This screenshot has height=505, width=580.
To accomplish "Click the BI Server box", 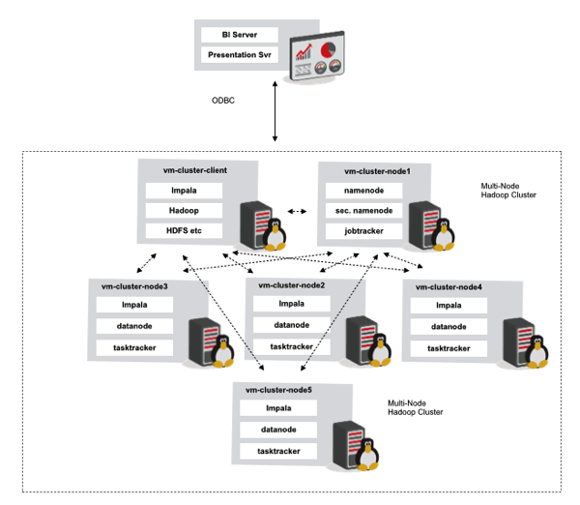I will click(x=240, y=35).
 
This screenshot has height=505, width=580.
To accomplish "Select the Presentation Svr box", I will click(x=240, y=55).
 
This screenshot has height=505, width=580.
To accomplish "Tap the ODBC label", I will click(x=224, y=101).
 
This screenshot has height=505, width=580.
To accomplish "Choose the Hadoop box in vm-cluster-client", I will click(x=184, y=210).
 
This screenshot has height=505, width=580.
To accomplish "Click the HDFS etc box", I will click(x=184, y=230).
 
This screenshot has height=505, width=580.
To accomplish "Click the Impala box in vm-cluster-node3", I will click(x=135, y=306).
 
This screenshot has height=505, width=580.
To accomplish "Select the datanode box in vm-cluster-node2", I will click(x=291, y=324).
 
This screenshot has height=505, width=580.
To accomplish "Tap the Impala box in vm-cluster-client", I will click(x=184, y=190).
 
